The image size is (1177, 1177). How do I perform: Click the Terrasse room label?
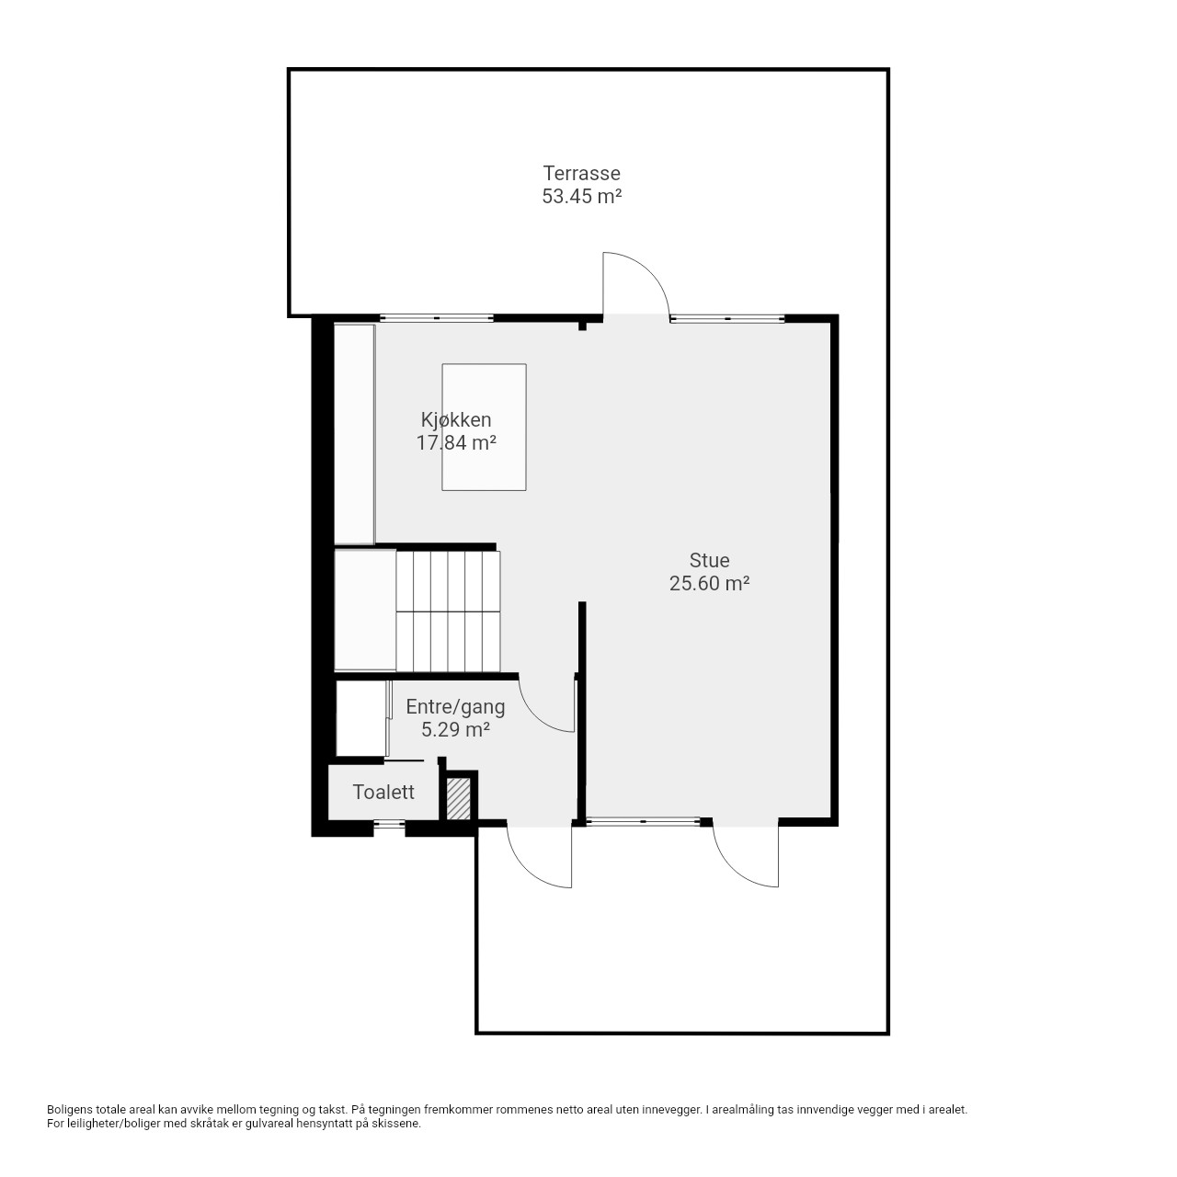[581, 174]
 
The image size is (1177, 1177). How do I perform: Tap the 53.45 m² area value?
[581, 197]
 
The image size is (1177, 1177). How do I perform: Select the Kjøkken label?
[456, 419]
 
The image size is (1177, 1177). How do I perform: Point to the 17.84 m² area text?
[456, 443]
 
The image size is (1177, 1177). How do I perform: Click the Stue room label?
[709, 560]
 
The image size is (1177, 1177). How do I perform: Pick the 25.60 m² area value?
[709, 583]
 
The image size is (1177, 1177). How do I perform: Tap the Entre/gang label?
[456, 707]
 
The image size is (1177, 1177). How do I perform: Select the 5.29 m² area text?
[456, 729]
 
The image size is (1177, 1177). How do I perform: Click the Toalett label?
[383, 793]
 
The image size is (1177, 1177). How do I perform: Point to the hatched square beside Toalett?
[458, 799]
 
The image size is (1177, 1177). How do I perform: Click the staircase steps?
[449, 611]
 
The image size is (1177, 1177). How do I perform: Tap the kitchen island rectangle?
[485, 427]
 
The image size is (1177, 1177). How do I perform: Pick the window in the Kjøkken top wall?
[437, 317]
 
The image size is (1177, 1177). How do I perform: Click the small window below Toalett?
[389, 824]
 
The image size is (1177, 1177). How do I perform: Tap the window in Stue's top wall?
[727, 318]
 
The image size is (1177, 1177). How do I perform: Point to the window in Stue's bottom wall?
[643, 821]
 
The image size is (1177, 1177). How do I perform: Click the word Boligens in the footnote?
[70, 1110]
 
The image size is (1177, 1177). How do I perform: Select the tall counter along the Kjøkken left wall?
[354, 434]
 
